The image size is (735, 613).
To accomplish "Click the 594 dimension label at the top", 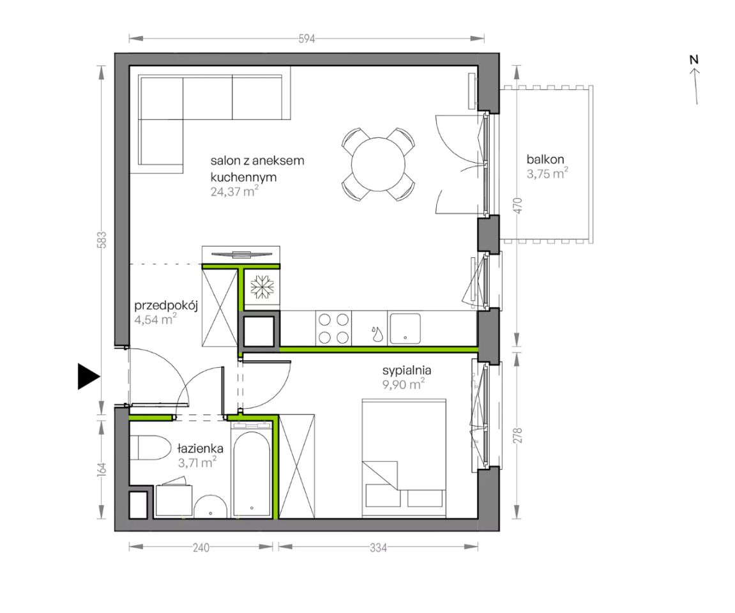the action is [307, 39].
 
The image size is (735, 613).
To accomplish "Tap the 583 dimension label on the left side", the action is [102, 239].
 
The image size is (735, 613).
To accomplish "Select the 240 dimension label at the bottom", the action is [201, 547].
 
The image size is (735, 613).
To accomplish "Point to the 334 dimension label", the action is [378, 547].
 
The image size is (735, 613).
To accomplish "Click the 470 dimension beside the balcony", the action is [517, 206].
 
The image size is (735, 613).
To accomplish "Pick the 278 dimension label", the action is [517, 435].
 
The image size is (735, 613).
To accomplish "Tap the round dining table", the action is [378, 164].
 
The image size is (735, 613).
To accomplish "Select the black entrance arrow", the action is [89, 376].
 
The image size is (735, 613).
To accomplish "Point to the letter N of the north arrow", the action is [694, 59].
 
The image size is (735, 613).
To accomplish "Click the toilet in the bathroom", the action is [150, 448].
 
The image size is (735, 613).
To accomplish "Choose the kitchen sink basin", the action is [405, 328].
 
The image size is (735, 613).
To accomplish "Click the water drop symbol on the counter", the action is [376, 334].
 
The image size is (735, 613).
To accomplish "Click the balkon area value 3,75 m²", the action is [547, 174].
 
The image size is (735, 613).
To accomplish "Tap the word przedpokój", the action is [166, 306].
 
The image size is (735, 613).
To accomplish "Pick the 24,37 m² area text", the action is [234, 191].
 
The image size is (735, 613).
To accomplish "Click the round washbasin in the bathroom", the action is [211, 506].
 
